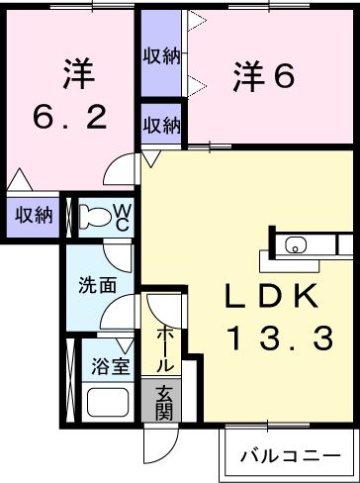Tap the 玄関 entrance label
[x=164, y=400]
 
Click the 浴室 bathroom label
[x=111, y=366]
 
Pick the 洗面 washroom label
[x=98, y=285]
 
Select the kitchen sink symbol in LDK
[x=297, y=245]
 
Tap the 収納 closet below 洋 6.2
[x=32, y=215]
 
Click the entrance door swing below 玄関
[x=160, y=445]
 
